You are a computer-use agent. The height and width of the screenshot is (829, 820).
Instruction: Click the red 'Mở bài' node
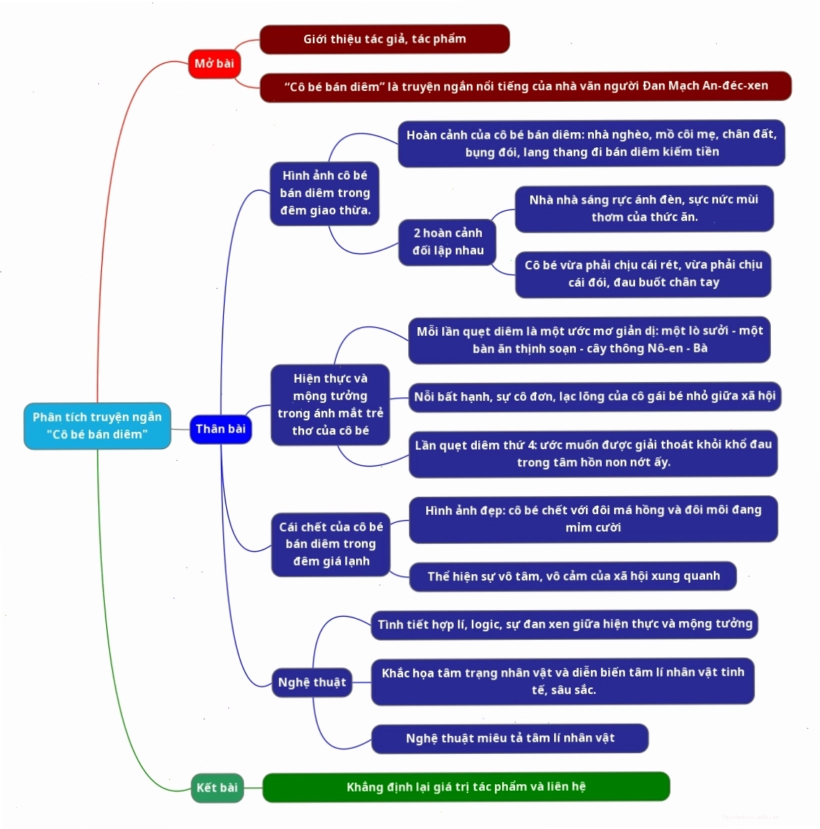click(x=215, y=64)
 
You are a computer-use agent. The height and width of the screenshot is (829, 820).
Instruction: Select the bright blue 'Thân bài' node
click(x=220, y=429)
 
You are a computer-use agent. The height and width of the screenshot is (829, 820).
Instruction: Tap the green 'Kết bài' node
click(x=217, y=788)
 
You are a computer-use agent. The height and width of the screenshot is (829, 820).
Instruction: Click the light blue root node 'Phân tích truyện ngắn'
click(x=98, y=425)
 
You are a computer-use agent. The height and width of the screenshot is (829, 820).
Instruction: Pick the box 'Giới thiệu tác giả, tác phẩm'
click(x=384, y=38)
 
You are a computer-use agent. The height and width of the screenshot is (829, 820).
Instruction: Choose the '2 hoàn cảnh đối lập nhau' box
click(x=447, y=242)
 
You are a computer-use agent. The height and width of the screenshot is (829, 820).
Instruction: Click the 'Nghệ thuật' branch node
click(x=312, y=682)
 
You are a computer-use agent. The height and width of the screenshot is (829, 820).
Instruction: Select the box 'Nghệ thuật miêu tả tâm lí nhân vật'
click(x=510, y=738)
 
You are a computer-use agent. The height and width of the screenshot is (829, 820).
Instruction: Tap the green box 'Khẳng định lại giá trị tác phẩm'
click(x=466, y=786)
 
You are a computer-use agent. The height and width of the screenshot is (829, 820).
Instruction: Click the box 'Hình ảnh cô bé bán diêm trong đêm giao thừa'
click(x=325, y=194)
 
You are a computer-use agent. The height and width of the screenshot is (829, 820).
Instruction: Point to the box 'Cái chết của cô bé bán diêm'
click(x=331, y=544)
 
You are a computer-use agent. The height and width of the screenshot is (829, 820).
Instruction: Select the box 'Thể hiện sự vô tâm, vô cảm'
click(x=573, y=576)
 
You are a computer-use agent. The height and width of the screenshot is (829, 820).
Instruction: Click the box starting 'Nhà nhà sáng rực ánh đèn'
click(x=644, y=208)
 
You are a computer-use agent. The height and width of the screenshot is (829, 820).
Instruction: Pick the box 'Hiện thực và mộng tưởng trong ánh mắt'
click(x=330, y=404)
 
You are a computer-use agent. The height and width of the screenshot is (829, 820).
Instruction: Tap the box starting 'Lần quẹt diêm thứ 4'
click(x=593, y=453)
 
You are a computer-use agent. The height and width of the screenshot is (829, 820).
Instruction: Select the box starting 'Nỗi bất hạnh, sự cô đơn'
click(x=595, y=396)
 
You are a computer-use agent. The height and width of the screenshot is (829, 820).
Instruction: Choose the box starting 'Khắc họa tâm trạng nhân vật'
click(x=563, y=682)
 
